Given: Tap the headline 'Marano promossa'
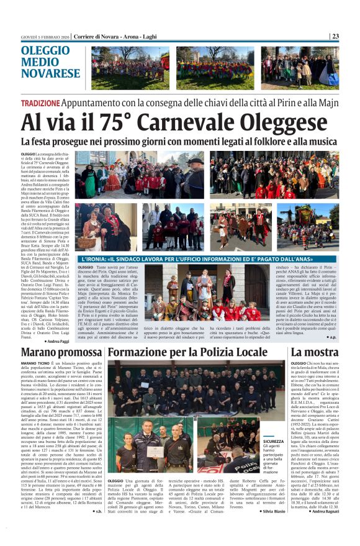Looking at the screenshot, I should [x=60, y=353].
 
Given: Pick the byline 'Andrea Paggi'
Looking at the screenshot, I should [x=57, y=342].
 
